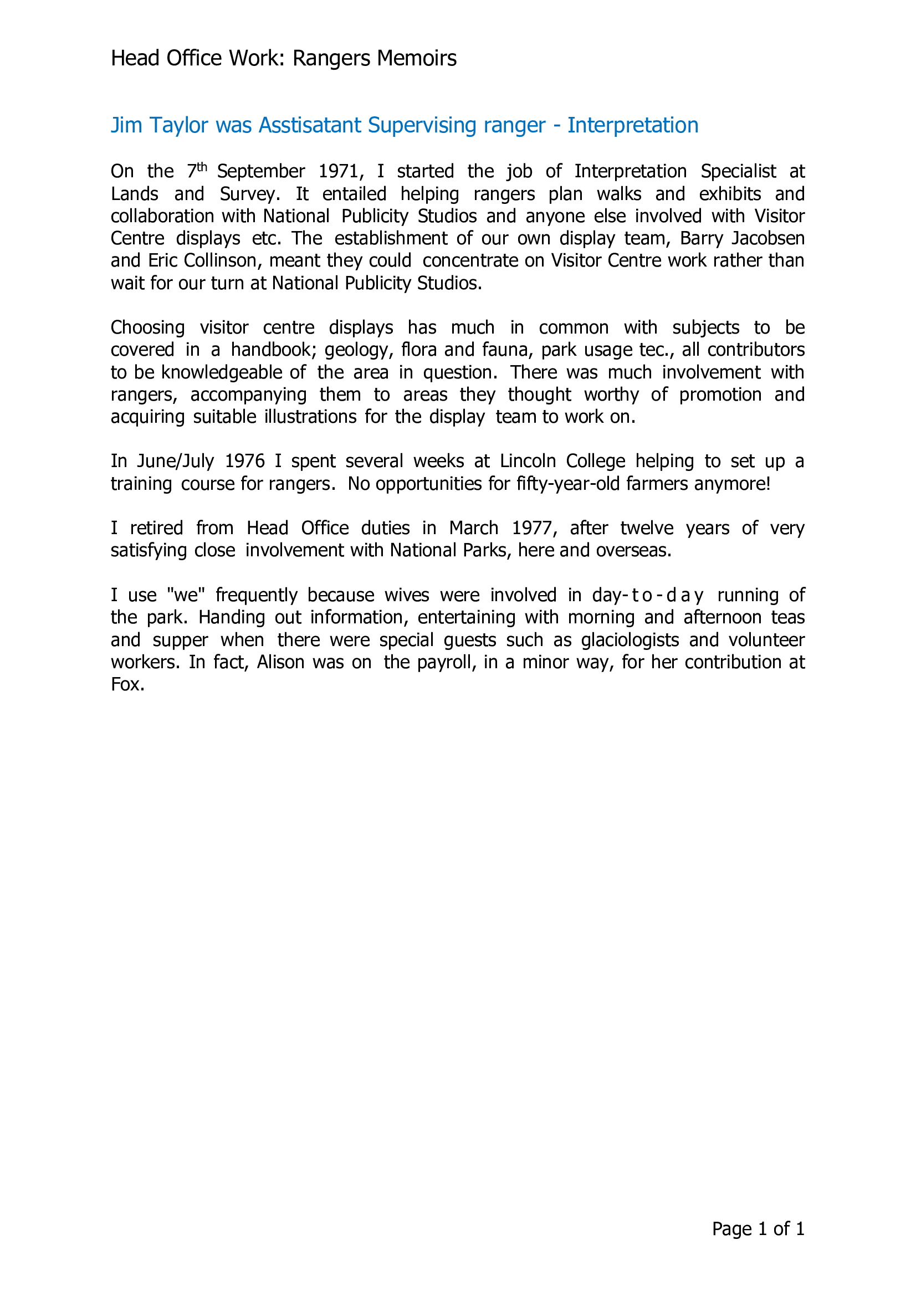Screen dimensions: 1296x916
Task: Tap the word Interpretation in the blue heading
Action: point(633,125)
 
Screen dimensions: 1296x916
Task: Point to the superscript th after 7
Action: point(202,167)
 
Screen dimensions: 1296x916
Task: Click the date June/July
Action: point(175,462)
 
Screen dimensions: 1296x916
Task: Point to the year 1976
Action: point(244,461)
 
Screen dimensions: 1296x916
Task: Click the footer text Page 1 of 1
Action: point(758,1229)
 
